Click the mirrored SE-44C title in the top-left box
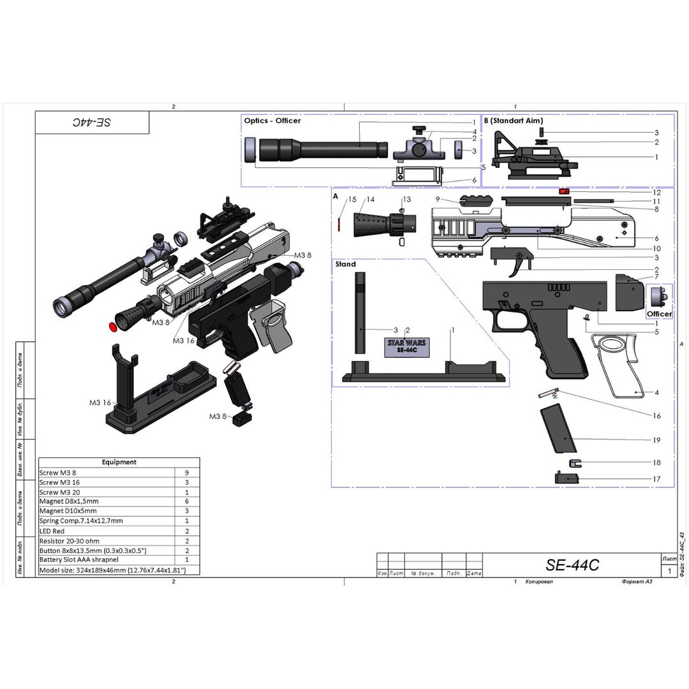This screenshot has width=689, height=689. pyautogui.click(x=92, y=122)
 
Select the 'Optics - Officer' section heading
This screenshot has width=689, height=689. pyautogui.click(x=272, y=120)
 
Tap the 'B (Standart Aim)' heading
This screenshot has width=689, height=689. pyautogui.click(x=514, y=120)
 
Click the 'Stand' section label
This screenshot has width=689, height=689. pyautogui.click(x=346, y=263)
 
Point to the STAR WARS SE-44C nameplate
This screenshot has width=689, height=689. pyautogui.click(x=406, y=346)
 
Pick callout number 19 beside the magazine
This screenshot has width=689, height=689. pyautogui.click(x=656, y=440)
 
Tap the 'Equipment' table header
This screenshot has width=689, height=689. pyautogui.click(x=119, y=462)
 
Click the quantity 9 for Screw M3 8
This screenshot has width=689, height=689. pyautogui.click(x=187, y=473)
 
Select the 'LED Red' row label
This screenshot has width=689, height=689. pyautogui.click(x=52, y=531)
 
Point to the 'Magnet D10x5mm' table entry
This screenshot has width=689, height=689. pyautogui.click(x=68, y=511)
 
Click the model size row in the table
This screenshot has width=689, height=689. pyautogui.click(x=112, y=570)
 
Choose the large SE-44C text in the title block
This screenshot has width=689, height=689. pyautogui.click(x=572, y=565)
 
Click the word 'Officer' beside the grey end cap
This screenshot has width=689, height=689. pyautogui.click(x=659, y=314)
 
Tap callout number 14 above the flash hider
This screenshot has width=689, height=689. pyautogui.click(x=370, y=200)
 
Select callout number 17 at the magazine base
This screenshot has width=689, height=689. pyautogui.click(x=656, y=478)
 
